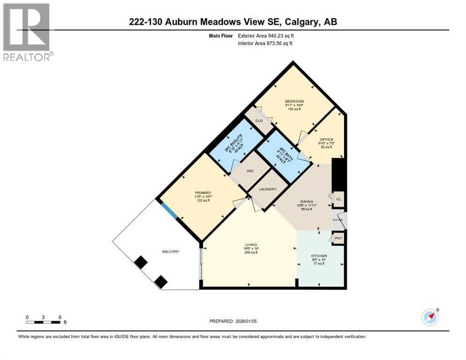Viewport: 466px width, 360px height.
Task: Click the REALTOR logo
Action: click(x=26, y=31)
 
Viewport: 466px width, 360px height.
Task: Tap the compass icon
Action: click(x=430, y=317)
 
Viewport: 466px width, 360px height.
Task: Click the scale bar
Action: click(x=43, y=322)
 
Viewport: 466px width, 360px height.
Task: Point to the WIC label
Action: click(x=250, y=171)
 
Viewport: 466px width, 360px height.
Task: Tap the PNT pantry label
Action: click(x=338, y=239)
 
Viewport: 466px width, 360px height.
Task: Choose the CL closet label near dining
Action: click(x=338, y=199)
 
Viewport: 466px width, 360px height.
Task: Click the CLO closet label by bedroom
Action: click(x=259, y=121)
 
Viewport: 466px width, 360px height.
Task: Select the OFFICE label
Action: click(x=326, y=139)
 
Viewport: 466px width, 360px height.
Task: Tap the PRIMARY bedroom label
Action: click(x=203, y=193)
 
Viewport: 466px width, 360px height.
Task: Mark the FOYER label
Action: click(x=338, y=220)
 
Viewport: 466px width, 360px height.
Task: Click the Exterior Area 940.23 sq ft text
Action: click(x=266, y=36)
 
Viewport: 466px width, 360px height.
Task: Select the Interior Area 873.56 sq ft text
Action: click(x=265, y=44)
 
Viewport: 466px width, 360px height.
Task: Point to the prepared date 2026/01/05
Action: click(x=233, y=321)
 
